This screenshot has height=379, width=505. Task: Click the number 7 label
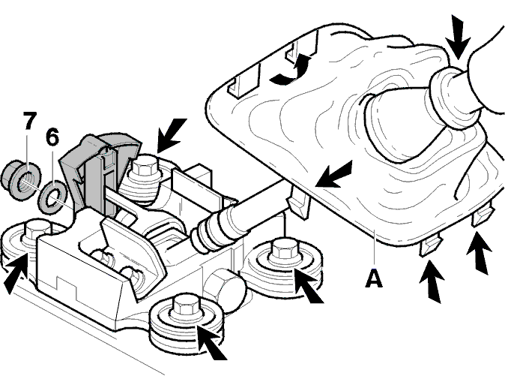coord(30,121)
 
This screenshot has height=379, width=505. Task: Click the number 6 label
coord(52,137)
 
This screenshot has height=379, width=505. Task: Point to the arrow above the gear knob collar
coord(457,37)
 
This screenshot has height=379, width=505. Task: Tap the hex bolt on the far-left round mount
coord(36,231)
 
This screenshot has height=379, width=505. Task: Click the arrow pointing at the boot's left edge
coord(333,174)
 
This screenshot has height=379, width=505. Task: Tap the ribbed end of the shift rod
coord(209,233)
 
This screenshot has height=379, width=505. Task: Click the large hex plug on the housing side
coord(225,290)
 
